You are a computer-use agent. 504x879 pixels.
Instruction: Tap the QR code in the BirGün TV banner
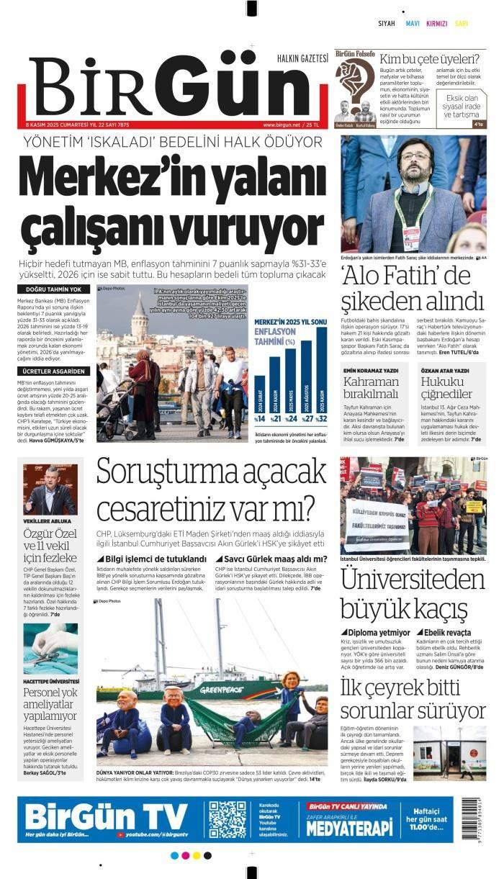click(228, 819)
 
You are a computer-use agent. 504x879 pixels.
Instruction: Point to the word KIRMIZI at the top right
click(436, 24)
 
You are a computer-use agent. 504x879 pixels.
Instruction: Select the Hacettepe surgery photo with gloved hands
click(50, 648)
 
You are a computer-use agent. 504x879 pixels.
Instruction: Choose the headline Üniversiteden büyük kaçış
click(413, 593)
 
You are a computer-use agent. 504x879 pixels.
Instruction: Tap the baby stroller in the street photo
click(109, 414)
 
